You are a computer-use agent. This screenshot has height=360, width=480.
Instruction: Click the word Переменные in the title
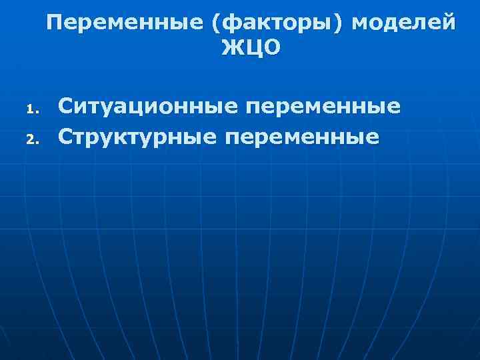pos(125,23)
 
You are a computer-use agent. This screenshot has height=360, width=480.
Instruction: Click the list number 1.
pos(29,109)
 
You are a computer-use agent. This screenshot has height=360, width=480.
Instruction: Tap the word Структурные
pos(136,137)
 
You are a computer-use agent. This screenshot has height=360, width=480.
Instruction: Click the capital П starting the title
pos(55,23)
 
